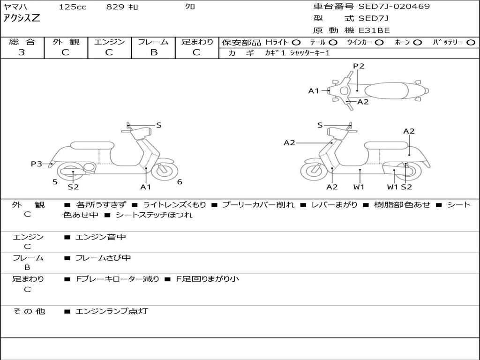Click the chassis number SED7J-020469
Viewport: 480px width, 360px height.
[394, 7]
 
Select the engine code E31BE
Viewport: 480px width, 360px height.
[374, 31]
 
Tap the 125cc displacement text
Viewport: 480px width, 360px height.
[73, 7]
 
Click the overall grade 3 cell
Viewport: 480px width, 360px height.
[22, 52]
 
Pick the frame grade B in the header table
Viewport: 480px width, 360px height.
[153, 52]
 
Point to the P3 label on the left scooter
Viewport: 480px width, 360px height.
[36, 164]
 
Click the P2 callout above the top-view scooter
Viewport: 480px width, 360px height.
[359, 66]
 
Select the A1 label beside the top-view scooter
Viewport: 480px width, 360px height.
[313, 91]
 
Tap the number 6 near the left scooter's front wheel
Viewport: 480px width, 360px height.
[180, 182]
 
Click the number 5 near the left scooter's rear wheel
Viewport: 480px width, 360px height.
[55, 182]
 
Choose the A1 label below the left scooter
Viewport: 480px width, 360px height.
[146, 187]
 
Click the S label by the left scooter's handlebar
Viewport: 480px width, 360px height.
[159, 125]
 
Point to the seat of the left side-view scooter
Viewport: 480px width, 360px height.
[92, 145]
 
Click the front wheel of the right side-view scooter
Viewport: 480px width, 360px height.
[314, 171]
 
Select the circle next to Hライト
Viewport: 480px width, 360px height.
[296, 42]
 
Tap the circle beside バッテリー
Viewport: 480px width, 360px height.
[471, 42]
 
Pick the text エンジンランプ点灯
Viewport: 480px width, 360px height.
[112, 311]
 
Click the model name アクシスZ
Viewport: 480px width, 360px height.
[22, 19]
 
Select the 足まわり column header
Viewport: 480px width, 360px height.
[197, 42]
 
